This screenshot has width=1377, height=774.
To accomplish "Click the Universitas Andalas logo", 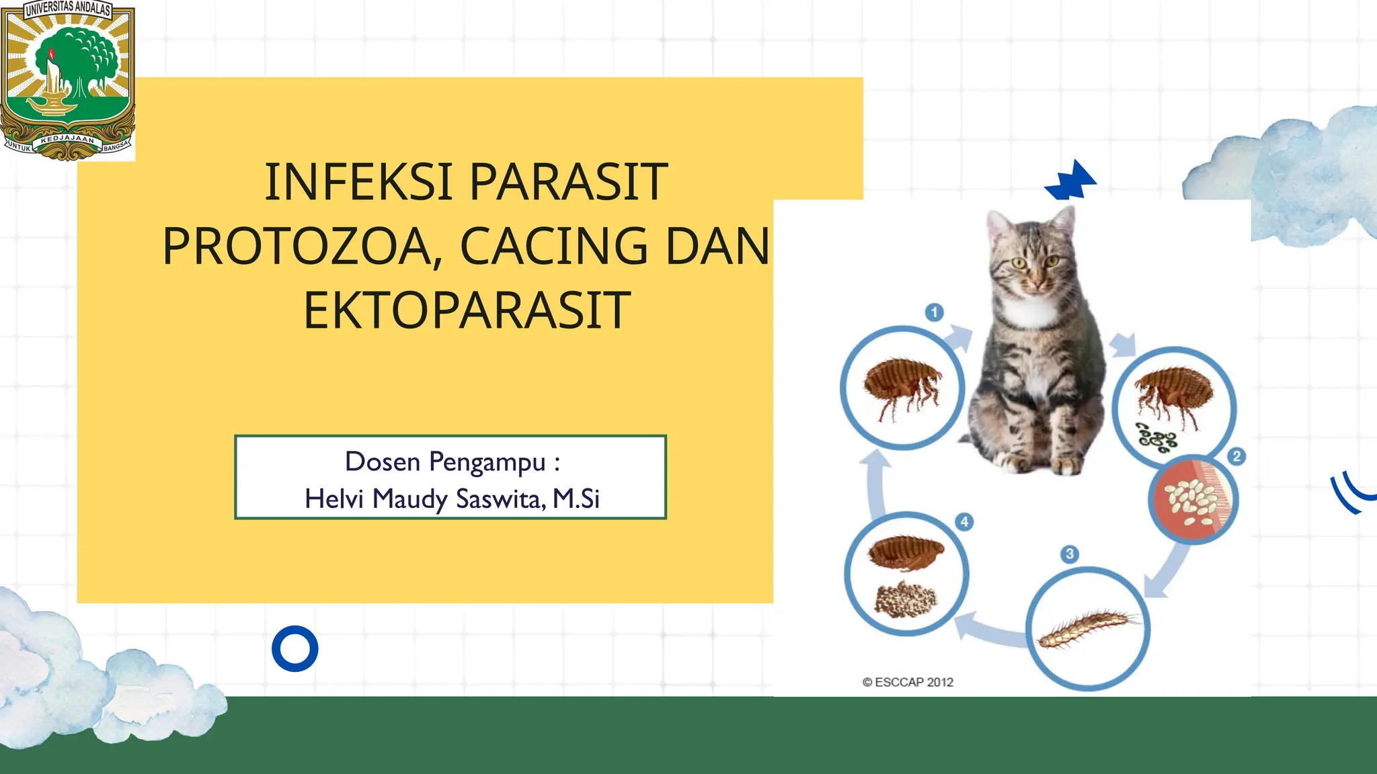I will [x=67, y=79].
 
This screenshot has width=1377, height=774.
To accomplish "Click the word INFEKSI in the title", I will [x=358, y=182].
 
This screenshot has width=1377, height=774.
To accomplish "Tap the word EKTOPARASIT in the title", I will [x=467, y=310].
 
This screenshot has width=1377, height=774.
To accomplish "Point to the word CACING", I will [x=554, y=247].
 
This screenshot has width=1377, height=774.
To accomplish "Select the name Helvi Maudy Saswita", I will [x=425, y=499].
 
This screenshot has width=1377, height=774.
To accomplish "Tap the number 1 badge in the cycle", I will [x=934, y=312].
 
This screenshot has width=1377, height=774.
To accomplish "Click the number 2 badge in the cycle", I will [x=1236, y=457].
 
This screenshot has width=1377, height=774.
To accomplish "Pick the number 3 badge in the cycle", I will [x=1069, y=554].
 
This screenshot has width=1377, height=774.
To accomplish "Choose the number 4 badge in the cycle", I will [x=964, y=522].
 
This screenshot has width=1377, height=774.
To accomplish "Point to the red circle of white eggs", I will [x=1193, y=501].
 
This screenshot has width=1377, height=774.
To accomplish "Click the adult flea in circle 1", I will [x=902, y=388].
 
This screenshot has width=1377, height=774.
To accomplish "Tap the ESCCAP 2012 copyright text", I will [x=908, y=683].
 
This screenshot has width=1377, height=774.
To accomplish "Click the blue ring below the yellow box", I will [x=294, y=649].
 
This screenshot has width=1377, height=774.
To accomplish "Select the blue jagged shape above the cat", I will [x=1070, y=181].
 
